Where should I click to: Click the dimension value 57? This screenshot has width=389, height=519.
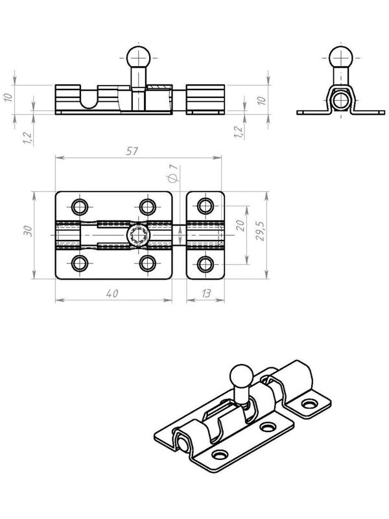[132, 151]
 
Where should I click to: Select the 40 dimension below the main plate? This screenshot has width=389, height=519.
[112, 294]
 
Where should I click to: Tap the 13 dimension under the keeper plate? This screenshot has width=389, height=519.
[206, 294]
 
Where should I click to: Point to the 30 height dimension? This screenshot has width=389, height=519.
[28, 231]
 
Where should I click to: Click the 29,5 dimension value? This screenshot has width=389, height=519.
[261, 231]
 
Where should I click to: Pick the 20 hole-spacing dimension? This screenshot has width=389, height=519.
[241, 225]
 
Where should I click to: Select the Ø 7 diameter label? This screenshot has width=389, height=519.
[173, 173]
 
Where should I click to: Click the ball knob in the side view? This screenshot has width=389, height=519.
[139, 57]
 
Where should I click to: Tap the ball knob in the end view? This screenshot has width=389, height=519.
[341, 57]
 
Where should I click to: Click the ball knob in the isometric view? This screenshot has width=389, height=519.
[241, 376]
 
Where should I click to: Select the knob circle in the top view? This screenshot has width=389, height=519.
[139, 235]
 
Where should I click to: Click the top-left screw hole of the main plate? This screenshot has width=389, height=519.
[80, 207]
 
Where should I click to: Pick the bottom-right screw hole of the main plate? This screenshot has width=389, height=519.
[148, 263]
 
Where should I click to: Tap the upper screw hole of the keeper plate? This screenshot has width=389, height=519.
[206, 206]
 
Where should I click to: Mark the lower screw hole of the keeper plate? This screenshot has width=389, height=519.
[206, 265]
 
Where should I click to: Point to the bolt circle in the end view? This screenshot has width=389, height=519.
[341, 101]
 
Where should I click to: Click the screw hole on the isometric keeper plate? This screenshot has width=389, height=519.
[310, 404]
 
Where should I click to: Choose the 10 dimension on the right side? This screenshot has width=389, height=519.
[261, 100]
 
